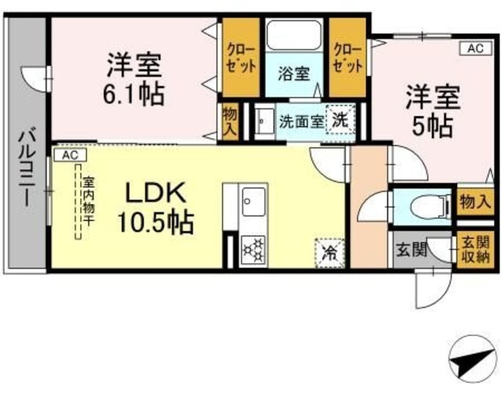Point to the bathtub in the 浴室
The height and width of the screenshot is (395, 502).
pos(293,35)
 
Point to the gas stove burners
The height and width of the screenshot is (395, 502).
pos(253,250)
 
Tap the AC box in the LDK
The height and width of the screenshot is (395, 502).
pos(70,155)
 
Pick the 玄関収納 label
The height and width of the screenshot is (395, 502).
pos(475,250)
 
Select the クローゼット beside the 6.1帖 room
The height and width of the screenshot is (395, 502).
pos(238,57)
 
